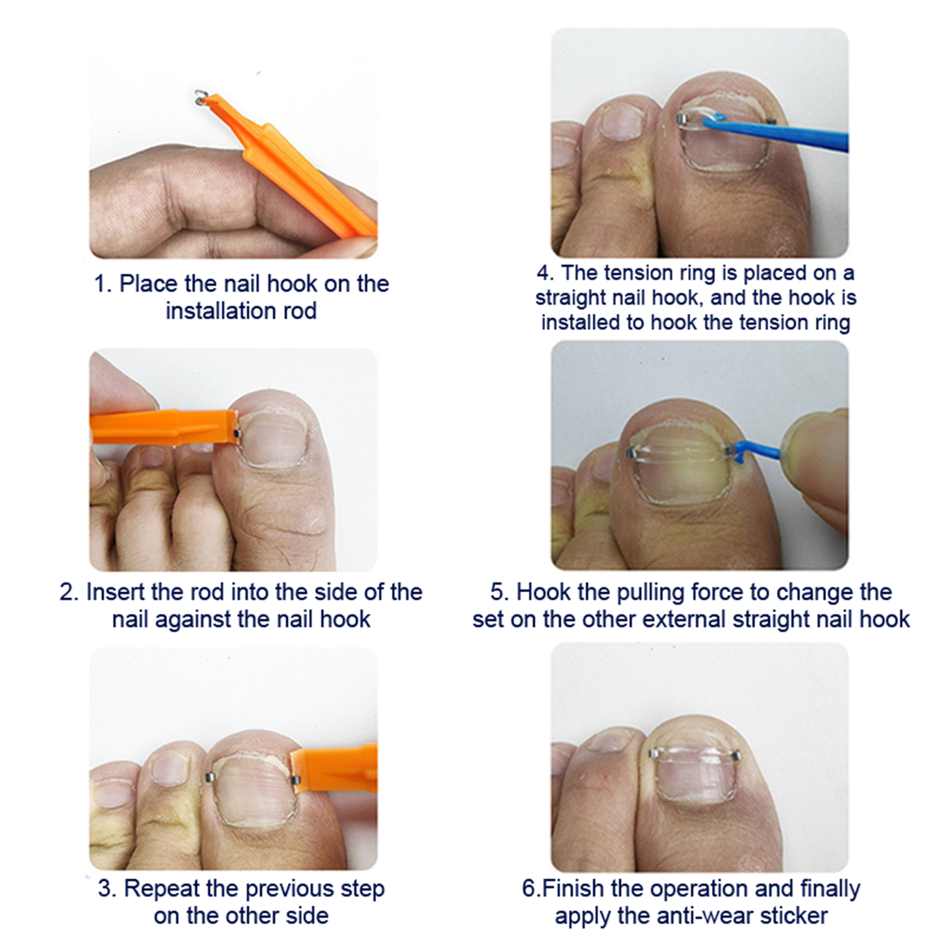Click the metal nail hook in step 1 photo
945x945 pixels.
point(201,97)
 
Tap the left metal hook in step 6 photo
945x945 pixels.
point(654,754)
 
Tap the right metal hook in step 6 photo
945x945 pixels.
point(736,755)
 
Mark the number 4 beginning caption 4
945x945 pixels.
point(544,273)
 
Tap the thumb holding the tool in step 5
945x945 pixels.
point(818,467)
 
